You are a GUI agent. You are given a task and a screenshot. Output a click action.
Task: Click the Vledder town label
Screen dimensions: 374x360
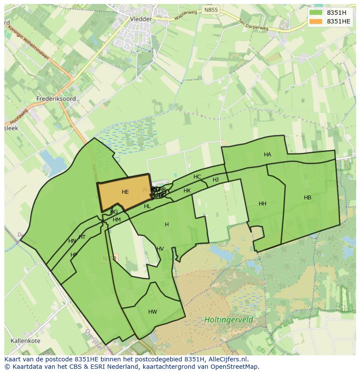click(x=141, y=19)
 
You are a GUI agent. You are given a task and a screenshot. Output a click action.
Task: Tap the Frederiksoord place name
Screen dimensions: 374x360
click(x=57, y=99)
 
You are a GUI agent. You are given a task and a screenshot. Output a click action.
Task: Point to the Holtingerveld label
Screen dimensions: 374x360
click(x=229, y=320)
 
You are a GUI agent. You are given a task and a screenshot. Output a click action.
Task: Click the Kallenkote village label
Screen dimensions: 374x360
click(x=23, y=341)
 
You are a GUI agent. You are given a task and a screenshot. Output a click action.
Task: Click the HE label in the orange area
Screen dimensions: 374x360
click(x=125, y=192)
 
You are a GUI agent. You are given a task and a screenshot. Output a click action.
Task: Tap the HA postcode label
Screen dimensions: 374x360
click(x=267, y=155)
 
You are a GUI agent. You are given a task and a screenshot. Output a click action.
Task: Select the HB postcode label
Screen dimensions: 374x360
click(x=307, y=198)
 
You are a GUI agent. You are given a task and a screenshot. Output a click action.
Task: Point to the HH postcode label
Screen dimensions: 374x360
click(x=263, y=204)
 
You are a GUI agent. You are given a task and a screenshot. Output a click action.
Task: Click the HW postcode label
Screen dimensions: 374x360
click(x=153, y=312)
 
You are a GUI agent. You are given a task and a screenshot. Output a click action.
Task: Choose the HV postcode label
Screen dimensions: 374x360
click(x=160, y=249)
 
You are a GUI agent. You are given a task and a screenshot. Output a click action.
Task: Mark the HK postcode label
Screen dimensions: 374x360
click(x=187, y=191)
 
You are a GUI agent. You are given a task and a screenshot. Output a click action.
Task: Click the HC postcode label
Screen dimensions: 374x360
click(x=197, y=177)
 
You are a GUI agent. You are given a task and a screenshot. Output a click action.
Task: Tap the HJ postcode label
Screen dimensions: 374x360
click(x=216, y=180)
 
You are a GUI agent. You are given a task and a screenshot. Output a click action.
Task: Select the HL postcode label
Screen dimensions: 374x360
click(x=147, y=206)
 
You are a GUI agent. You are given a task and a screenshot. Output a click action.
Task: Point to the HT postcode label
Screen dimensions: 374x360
click(x=82, y=237)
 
